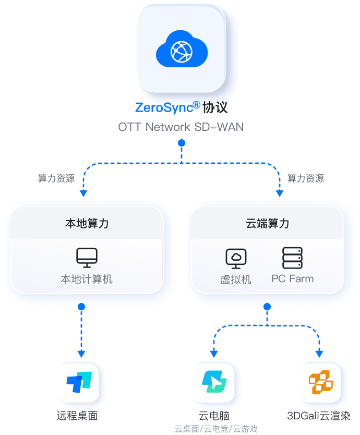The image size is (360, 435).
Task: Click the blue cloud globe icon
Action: (x=182, y=51)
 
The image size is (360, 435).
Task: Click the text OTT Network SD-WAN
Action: (x=181, y=127)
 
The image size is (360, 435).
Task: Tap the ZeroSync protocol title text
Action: (x=181, y=108)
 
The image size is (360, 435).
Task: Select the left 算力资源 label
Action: (x=56, y=178)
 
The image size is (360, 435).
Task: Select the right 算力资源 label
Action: (x=305, y=178)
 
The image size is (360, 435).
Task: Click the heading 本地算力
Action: (x=87, y=224)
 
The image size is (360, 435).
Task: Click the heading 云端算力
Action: (x=267, y=224)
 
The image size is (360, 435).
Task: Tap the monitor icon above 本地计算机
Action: (x=87, y=257)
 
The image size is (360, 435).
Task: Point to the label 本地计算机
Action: (x=87, y=279)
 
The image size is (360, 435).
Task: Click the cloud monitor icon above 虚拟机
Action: (x=236, y=258)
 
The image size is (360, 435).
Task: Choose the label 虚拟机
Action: (x=236, y=280)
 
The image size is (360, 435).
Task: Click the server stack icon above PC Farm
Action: (x=292, y=258)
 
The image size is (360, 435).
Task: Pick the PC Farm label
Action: (x=293, y=279)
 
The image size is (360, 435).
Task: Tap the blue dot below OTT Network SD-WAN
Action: (x=181, y=142)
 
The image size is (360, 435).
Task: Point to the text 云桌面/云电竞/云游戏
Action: (x=215, y=429)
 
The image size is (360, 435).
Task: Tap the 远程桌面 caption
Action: (x=77, y=416)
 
